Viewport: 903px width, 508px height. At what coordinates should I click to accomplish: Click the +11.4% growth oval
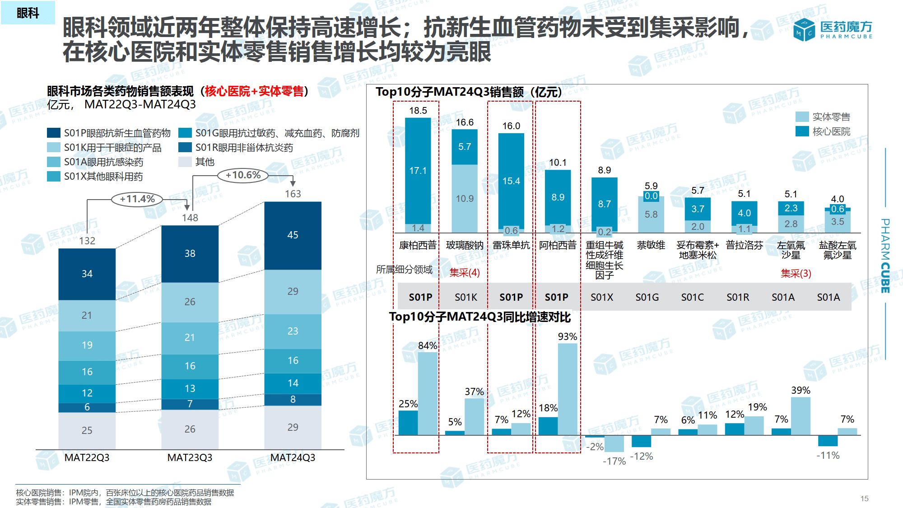137,199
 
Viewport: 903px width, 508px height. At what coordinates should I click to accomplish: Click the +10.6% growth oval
243,175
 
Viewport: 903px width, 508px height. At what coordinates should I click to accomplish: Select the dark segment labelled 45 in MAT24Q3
293,235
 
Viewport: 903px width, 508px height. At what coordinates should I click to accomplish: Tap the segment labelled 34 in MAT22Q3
87,274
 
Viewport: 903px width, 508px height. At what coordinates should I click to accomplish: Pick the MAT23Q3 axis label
190,457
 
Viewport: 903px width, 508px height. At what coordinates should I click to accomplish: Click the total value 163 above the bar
293,194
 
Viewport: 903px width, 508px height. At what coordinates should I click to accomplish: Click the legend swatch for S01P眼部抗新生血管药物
54,133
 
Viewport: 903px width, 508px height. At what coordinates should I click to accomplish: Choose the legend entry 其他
205,162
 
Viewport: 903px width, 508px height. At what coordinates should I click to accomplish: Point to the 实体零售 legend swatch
802,117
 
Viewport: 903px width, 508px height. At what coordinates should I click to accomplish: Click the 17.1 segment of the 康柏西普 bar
418,171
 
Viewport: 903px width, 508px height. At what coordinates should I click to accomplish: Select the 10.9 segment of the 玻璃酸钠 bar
465,199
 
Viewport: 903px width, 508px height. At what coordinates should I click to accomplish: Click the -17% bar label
614,461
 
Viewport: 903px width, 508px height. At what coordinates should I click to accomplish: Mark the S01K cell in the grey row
466,297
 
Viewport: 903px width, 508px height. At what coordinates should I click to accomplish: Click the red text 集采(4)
465,273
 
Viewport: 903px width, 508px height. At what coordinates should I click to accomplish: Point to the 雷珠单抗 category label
511,245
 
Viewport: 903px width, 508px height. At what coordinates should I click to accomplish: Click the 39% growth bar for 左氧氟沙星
801,415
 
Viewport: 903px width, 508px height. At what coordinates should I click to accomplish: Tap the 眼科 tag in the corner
28,13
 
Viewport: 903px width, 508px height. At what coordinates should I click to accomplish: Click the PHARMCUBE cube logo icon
804,30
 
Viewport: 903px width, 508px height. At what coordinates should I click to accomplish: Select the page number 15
864,499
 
